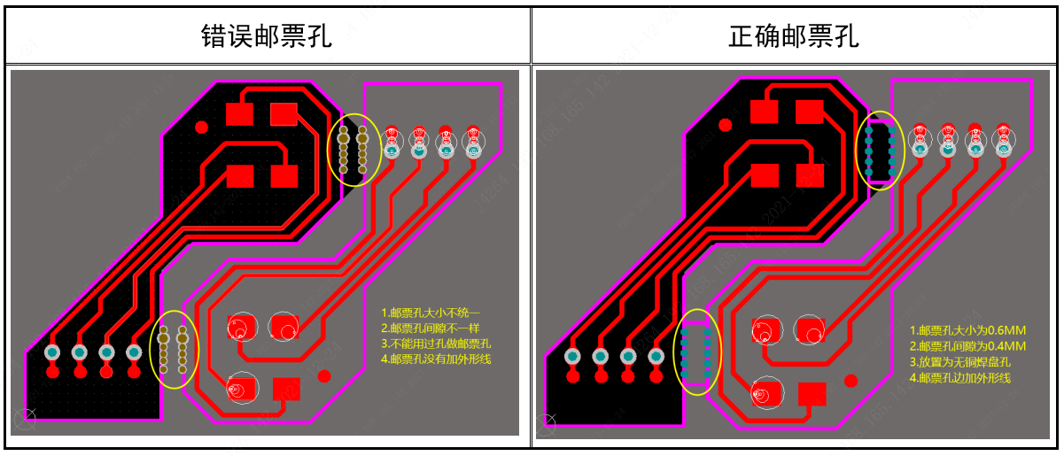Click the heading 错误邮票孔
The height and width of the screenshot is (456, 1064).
266,36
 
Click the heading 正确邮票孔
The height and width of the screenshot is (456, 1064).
794,36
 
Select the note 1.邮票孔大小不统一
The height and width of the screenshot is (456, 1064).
431,313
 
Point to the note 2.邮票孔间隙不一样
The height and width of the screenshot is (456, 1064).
431,328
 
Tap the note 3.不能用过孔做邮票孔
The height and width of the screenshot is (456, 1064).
436,344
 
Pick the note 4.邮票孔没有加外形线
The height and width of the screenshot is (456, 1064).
436,359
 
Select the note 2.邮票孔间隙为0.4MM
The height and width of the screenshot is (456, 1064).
967,345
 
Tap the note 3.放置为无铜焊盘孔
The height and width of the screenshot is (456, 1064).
960,361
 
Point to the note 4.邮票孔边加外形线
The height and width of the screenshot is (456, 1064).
960,378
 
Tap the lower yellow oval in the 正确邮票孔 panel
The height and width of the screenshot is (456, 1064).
698,352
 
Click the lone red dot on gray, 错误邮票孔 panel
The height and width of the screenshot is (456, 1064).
324,376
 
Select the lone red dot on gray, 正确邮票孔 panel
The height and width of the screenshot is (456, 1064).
851,381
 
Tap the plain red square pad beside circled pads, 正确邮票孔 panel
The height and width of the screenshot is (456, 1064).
812,394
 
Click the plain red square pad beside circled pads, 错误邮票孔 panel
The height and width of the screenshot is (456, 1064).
286,390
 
